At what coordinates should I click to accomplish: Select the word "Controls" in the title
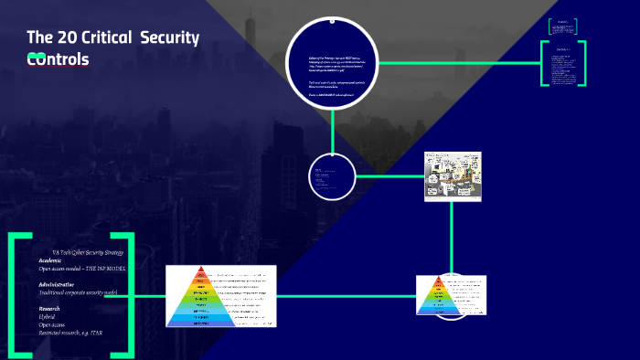[59, 59]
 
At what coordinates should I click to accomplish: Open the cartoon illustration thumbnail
[452, 175]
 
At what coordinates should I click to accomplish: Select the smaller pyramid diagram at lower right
[451, 295]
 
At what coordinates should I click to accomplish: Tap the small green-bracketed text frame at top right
[563, 27]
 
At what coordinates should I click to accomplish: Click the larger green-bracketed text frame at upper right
[563, 63]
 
